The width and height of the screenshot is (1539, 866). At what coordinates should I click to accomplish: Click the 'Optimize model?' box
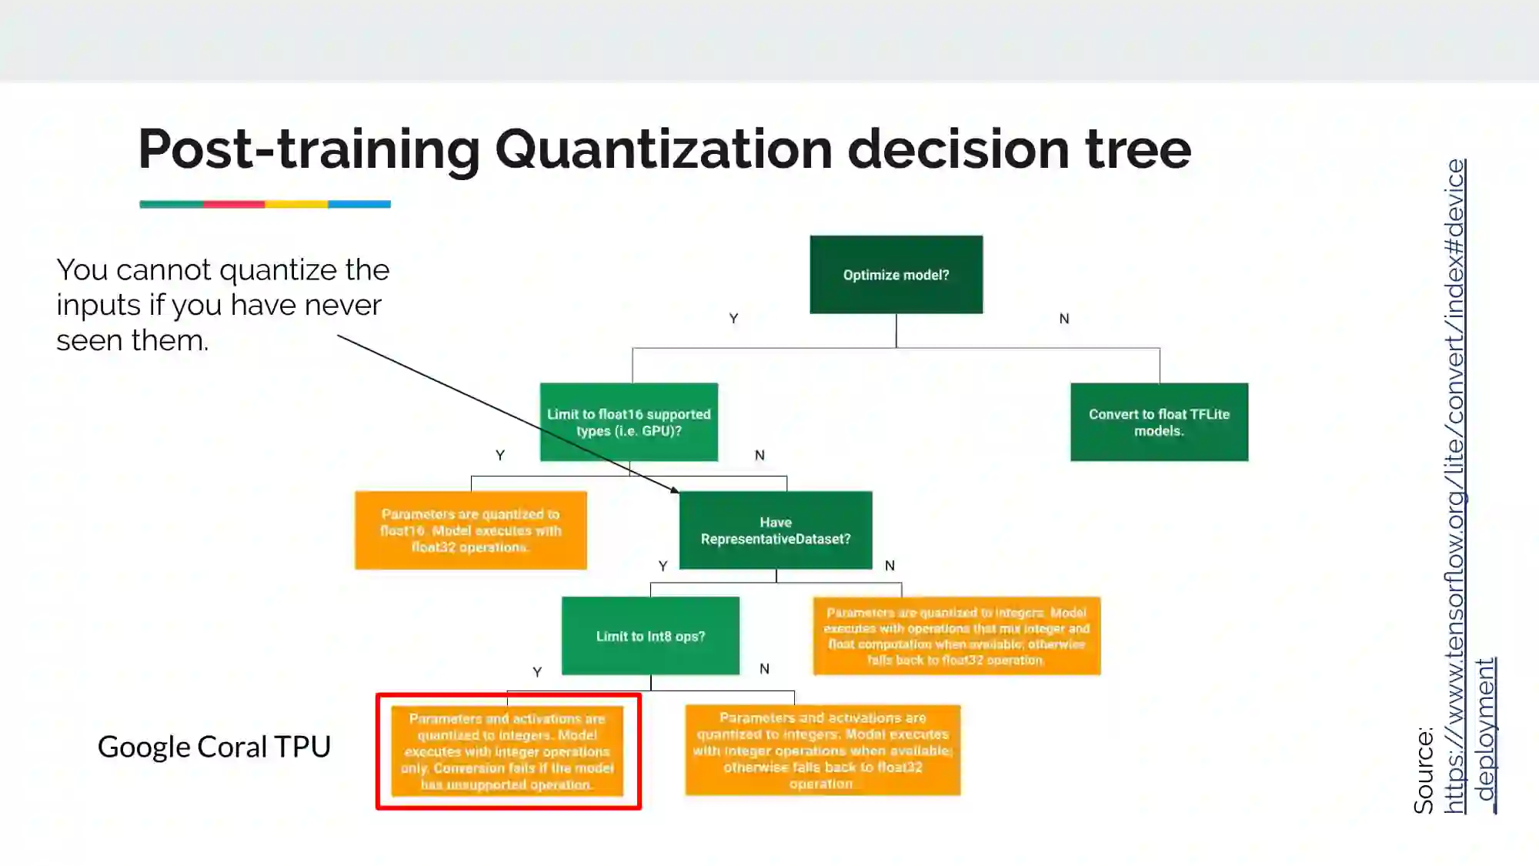click(896, 275)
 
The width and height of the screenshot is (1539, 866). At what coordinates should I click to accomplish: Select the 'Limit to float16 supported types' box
click(629, 422)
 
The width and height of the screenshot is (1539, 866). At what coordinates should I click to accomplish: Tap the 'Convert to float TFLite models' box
click(1159, 422)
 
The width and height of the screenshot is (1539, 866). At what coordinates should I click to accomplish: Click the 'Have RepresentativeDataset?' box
click(776, 530)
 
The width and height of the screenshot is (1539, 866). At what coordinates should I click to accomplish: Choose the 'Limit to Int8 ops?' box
click(650, 636)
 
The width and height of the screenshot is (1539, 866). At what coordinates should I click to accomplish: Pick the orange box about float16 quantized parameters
click(470, 530)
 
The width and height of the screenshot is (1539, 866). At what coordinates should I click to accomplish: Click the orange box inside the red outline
click(507, 751)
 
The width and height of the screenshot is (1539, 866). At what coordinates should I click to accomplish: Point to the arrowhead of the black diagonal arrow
click(676, 490)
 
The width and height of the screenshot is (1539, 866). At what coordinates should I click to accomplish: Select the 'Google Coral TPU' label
click(214, 747)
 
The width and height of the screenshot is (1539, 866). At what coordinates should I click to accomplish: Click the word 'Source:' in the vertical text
click(1424, 770)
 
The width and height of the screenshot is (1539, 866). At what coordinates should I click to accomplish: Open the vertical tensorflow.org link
click(1454, 485)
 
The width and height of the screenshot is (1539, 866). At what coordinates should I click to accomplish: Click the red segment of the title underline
click(234, 205)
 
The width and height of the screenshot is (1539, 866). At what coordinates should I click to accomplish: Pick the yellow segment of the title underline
click(296, 205)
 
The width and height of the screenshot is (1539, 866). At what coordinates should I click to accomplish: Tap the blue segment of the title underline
click(359, 205)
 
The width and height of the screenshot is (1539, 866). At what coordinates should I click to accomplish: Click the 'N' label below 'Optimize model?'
click(1064, 319)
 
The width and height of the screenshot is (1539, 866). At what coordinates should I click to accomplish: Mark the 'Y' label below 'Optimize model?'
click(733, 319)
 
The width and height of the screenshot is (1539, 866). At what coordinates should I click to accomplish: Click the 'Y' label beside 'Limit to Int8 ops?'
click(537, 672)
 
